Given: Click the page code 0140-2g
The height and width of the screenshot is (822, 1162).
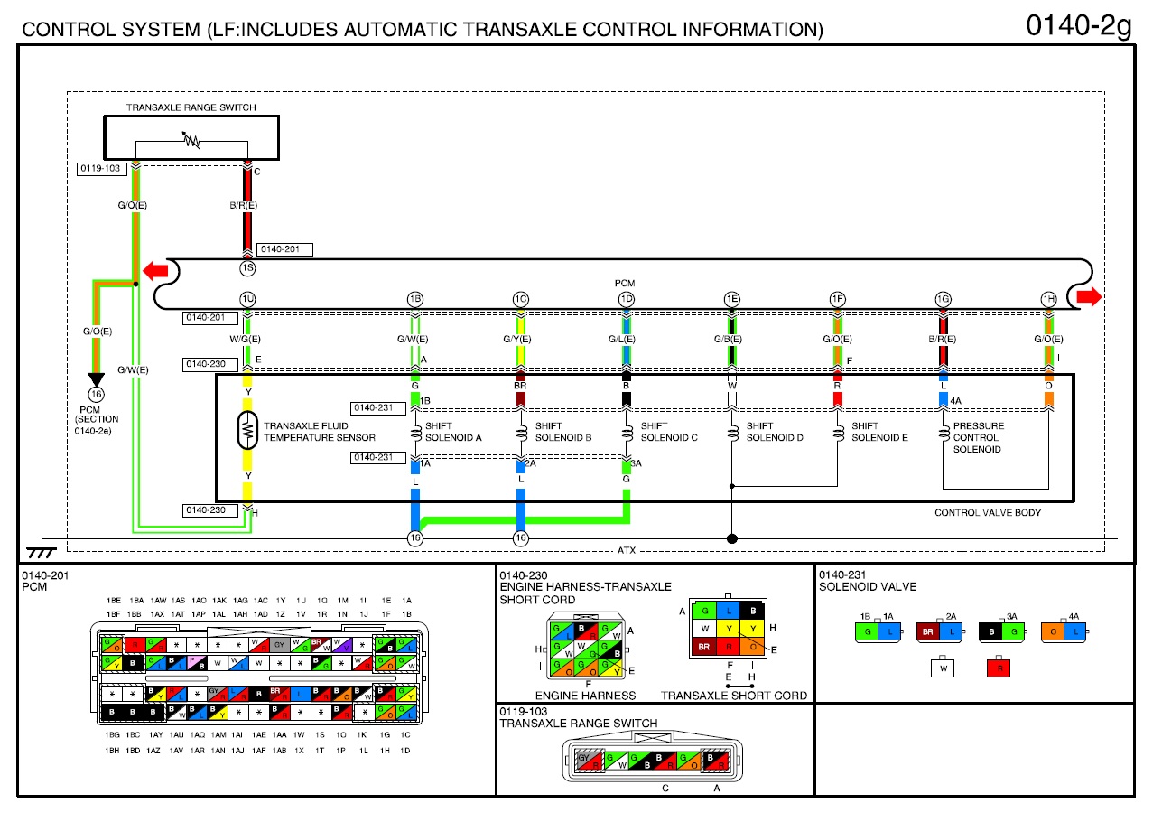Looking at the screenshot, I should pyautogui.click(x=1078, y=26).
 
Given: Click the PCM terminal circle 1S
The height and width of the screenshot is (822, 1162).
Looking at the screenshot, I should pyautogui.click(x=247, y=269).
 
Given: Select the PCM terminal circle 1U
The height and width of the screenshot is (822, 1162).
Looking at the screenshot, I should pyautogui.click(x=247, y=299).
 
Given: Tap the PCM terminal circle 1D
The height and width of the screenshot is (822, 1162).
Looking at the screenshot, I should pyautogui.click(x=626, y=299).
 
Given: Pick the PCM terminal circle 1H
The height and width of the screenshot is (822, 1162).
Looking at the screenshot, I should pyautogui.click(x=1048, y=299).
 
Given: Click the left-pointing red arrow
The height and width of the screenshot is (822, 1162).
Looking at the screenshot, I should pyautogui.click(x=154, y=270).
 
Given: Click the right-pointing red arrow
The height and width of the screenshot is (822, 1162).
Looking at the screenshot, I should pyautogui.click(x=1090, y=297).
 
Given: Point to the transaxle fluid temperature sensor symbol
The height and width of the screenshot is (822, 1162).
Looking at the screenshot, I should pyautogui.click(x=246, y=431).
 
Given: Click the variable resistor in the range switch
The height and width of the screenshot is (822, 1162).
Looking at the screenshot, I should pyautogui.click(x=191, y=141).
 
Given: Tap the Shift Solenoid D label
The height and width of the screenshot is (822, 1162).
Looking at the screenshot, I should pyautogui.click(x=774, y=432).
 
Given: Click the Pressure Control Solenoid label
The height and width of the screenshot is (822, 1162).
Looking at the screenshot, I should pyautogui.click(x=978, y=437).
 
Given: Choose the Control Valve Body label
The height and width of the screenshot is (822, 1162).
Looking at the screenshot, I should pyautogui.click(x=987, y=513).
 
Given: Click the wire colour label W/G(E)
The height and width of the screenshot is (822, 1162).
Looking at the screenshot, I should pyautogui.click(x=246, y=340).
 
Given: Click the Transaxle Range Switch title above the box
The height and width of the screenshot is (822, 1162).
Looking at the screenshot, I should pyautogui.click(x=191, y=107).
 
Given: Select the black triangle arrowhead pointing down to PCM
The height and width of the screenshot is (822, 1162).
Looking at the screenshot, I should pyautogui.click(x=95, y=379).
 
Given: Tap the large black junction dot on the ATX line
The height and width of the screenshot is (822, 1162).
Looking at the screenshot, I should pyautogui.click(x=732, y=539).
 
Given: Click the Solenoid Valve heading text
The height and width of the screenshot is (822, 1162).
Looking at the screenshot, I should pyautogui.click(x=867, y=587).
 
